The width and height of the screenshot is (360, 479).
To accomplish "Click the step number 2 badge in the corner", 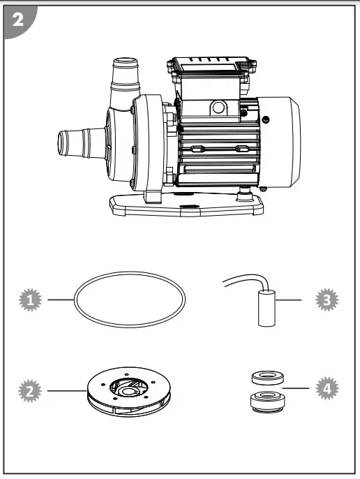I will (18, 19).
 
